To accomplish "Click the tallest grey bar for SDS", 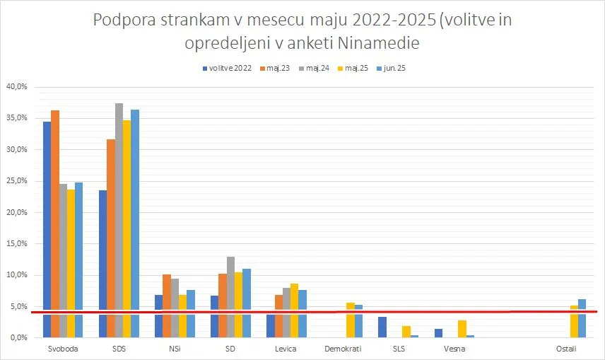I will click(x=119, y=220).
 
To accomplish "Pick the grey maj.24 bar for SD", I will click(x=230, y=296).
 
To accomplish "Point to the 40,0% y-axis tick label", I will click(x=16, y=87).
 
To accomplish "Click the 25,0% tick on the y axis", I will click(x=16, y=181).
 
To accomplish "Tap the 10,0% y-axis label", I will click(x=16, y=275).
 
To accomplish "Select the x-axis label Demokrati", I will click(x=342, y=349).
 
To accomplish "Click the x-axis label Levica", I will click(x=286, y=349).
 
